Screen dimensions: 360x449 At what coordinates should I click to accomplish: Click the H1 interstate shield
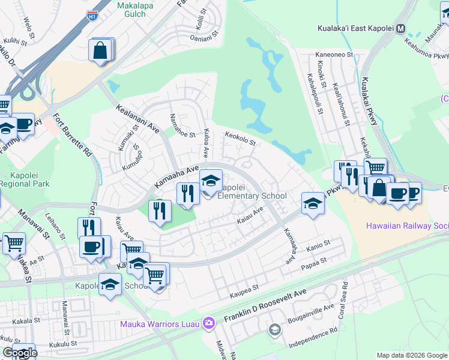[x=92, y=16]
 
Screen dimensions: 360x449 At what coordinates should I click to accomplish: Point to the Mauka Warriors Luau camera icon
[x=208, y=324]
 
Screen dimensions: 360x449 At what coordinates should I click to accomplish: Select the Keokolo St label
[x=240, y=140]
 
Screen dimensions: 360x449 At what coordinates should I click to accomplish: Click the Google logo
[x=20, y=353]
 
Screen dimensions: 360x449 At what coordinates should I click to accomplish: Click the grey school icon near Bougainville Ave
[x=274, y=329]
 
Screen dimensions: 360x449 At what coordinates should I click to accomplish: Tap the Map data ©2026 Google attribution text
[x=412, y=355]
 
